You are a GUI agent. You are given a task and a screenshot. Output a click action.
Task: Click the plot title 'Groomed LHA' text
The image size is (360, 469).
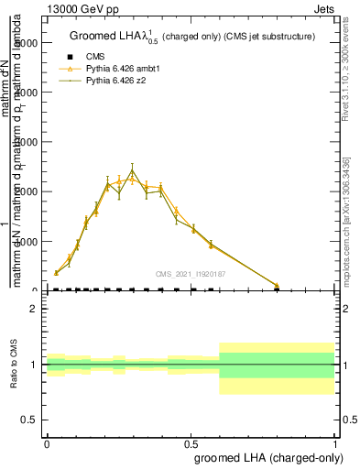tap(115, 37)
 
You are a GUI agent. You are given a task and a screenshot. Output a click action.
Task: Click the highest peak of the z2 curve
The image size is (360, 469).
tap(132, 170)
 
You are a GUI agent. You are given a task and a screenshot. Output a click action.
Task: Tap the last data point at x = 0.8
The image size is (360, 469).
tap(278, 286)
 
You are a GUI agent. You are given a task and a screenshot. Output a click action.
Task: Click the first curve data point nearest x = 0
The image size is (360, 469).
tap(56, 272)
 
